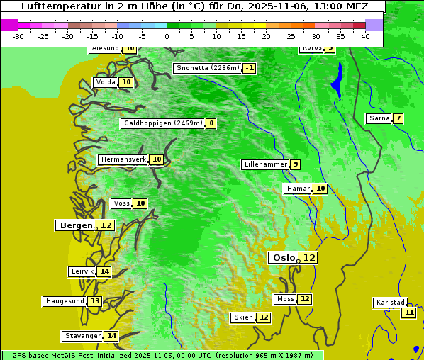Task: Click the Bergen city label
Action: point(75,225)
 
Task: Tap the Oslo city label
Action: point(284,258)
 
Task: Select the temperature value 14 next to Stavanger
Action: point(111,336)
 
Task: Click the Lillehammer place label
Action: point(265,164)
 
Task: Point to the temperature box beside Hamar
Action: point(320,189)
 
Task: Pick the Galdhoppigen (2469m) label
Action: point(163,123)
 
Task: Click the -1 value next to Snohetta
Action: point(250,69)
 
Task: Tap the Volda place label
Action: point(105,82)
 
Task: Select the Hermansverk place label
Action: point(123,159)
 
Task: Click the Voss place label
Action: point(121,203)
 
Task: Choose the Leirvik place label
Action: point(82,271)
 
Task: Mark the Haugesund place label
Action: point(65,301)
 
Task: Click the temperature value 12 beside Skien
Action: point(264,317)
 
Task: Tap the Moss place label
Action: point(285,299)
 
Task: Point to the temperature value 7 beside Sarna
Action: point(398,118)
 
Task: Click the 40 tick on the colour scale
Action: point(365,36)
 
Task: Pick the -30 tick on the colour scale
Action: point(18,36)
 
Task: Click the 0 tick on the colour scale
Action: point(167,36)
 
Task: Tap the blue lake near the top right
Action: point(336,79)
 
